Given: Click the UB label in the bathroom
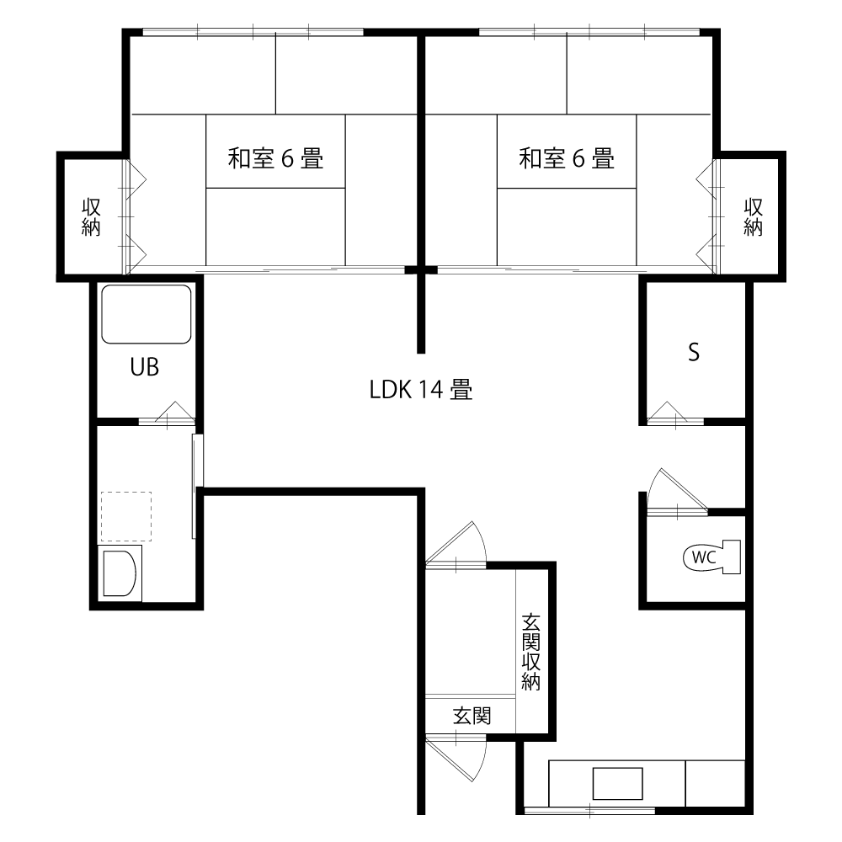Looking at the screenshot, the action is (145, 367).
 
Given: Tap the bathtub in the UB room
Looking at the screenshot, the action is (147, 314).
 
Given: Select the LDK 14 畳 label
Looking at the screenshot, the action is (421, 389).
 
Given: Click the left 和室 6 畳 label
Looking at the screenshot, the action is (275, 158).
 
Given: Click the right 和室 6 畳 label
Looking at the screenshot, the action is (567, 158).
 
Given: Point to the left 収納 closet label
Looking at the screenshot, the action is (91, 217).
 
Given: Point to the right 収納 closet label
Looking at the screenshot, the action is (753, 217).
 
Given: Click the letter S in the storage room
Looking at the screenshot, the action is (694, 352).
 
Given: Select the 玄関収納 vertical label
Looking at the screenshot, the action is (530, 652).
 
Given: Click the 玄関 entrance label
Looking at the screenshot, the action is (472, 716).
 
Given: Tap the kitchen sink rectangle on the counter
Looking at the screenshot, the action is (617, 783).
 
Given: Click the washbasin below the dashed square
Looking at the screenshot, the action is (120, 573).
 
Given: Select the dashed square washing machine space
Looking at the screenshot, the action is (126, 516).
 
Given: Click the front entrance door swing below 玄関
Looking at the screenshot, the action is (456, 759).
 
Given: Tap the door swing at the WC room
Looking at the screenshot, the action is (678, 491).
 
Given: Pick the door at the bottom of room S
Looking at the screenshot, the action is (675, 413).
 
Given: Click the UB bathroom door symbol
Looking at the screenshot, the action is (168, 413).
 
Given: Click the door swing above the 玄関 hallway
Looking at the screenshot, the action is (456, 545).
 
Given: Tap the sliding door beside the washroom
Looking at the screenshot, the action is (197, 486).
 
